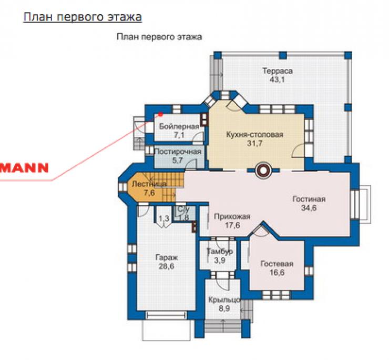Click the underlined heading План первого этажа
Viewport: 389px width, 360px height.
pyautogui.click(x=83, y=17)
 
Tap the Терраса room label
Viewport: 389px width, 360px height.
pyautogui.click(x=278, y=71)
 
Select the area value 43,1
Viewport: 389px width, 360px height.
pyautogui.click(x=278, y=80)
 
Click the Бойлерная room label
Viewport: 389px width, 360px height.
pyautogui.click(x=179, y=126)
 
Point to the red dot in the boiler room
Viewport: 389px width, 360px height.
pyautogui.click(x=160, y=115)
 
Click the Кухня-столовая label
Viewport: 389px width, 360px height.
pyautogui.click(x=254, y=135)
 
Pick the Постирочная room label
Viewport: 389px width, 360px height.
pyautogui.click(x=178, y=152)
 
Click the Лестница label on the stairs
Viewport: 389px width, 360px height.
pyautogui.click(x=149, y=184)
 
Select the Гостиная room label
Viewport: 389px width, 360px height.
pyautogui.click(x=309, y=199)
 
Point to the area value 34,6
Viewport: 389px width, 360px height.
pyautogui.click(x=309, y=208)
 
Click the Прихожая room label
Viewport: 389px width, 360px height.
pyautogui.click(x=232, y=217)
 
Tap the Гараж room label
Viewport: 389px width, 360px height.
pyautogui.click(x=166, y=258)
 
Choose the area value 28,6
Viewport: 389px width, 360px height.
pyautogui.click(x=166, y=267)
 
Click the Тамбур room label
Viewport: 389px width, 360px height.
pyautogui.click(x=220, y=252)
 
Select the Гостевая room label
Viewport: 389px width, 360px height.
pyautogui.click(x=277, y=264)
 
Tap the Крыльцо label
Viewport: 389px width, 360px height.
pyautogui.click(x=224, y=300)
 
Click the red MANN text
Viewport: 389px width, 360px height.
pyautogui.click(x=24, y=168)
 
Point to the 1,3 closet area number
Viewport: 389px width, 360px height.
pyautogui.click(x=164, y=218)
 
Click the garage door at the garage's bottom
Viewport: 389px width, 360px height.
pyautogui.click(x=166, y=316)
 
